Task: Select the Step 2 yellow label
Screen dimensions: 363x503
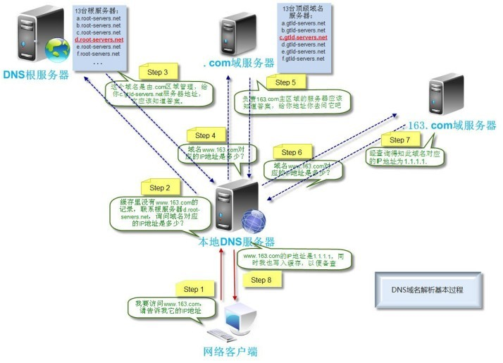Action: (x=160, y=187)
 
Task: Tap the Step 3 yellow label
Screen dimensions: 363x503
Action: (x=157, y=72)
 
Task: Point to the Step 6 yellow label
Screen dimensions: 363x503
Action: (x=291, y=152)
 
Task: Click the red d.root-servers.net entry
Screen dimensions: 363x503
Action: (x=99, y=40)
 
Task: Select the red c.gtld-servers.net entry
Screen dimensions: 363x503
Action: (x=302, y=38)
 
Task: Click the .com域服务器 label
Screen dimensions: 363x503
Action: (x=238, y=64)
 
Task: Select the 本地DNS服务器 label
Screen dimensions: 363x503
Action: (x=237, y=242)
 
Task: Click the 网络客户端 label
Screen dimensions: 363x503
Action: (x=230, y=350)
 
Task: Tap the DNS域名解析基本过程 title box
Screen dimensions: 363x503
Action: (x=427, y=290)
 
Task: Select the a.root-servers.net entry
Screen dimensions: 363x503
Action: (x=99, y=19)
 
